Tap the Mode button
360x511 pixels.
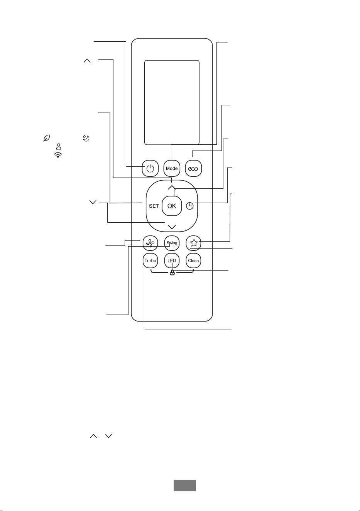pyautogui.click(x=172, y=168)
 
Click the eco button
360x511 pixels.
pyautogui.click(x=193, y=168)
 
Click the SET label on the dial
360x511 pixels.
pyautogui.click(x=154, y=206)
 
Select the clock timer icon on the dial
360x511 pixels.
pyautogui.click(x=189, y=206)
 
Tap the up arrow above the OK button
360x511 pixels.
pyautogui.click(x=172, y=187)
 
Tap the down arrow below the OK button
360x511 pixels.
pyautogui.click(x=172, y=227)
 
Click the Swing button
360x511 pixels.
pyautogui.click(x=172, y=243)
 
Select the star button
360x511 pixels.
pyautogui.click(x=193, y=243)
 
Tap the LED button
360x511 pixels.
pyautogui.click(x=172, y=261)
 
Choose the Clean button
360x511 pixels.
pyautogui.click(x=193, y=261)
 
